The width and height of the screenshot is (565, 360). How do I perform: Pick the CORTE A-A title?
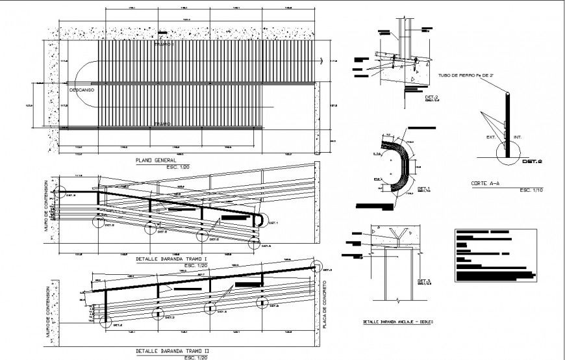tap(485, 183)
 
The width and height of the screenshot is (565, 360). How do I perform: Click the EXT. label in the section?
tap(490, 138)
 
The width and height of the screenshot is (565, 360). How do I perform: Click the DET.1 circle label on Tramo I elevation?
tap(272, 223)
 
